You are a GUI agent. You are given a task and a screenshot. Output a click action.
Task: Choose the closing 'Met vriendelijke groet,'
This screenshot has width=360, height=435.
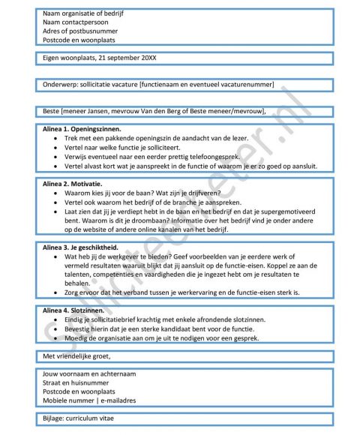coord(78,355)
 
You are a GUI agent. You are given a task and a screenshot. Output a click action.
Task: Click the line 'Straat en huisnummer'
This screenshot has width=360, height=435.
coord(74,382)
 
